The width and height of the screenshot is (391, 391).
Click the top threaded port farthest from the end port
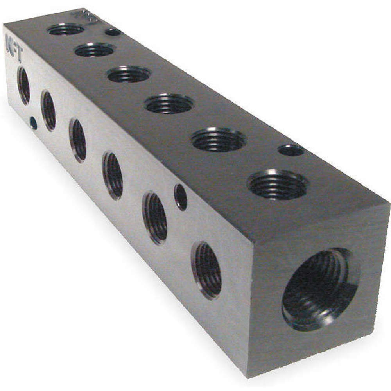pos(66,29)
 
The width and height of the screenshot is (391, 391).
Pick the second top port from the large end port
pos(219,139)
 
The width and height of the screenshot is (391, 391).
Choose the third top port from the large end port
pos(169,104)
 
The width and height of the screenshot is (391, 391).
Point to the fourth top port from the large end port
pos(129,74)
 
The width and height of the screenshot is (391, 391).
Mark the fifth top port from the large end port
pos(95,50)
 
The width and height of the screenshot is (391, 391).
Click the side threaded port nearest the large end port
pos(206,270)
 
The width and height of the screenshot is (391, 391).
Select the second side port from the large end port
pos(155,217)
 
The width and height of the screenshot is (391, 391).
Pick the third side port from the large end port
pos(113,175)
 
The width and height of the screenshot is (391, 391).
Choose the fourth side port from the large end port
pos(78,140)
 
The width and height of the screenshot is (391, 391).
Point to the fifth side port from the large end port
pos(49,111)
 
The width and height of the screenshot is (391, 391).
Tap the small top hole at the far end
pos(113,32)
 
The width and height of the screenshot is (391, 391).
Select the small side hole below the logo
pos(34,124)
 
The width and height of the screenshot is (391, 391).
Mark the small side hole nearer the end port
pos(181,197)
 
